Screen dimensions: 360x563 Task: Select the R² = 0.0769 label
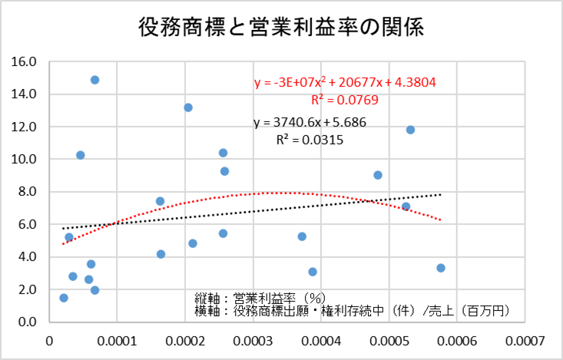coord(344,100)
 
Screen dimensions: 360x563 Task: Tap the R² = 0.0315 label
coord(310,140)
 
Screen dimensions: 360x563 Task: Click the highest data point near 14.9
coord(94,80)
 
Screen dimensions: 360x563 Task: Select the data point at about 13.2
coord(188,107)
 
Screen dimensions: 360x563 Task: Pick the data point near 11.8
coord(410,130)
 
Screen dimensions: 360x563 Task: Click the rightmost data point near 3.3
coord(441,268)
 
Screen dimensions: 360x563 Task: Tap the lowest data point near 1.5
coord(64,298)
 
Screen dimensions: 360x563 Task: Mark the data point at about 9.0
coord(378,175)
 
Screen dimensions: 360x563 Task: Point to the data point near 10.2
coord(80,155)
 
